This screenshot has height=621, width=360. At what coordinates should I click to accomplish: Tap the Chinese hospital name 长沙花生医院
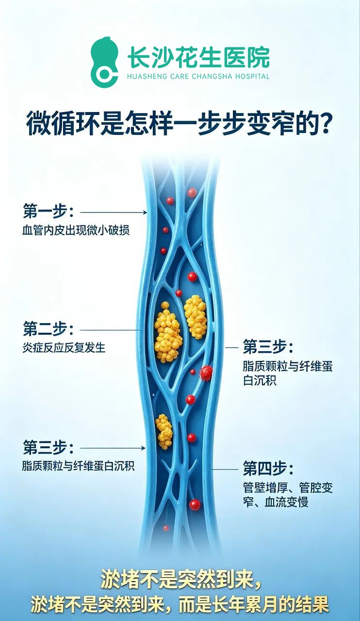point(198,57)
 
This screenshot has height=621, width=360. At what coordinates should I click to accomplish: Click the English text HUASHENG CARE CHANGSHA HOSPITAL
point(198,76)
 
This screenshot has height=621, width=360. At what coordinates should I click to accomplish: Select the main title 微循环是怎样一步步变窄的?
point(179,123)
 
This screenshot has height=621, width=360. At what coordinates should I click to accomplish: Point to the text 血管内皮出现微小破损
point(76,230)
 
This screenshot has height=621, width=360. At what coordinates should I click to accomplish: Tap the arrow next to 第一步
point(114,212)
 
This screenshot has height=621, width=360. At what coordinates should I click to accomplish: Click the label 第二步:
point(49,329)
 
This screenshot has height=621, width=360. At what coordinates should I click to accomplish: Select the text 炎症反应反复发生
point(64,348)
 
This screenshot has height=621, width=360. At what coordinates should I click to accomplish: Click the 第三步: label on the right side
point(268,347)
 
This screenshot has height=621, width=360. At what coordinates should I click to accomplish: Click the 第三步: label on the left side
point(49,447)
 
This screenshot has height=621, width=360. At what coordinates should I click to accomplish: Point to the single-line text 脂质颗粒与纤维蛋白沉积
point(78,466)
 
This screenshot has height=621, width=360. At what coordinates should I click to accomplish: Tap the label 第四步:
point(268,468)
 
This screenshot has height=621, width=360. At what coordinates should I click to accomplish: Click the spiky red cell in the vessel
point(206,373)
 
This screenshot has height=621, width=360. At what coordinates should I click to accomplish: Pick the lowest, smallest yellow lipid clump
point(164,432)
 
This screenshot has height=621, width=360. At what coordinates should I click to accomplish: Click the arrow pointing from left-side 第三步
point(113,448)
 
